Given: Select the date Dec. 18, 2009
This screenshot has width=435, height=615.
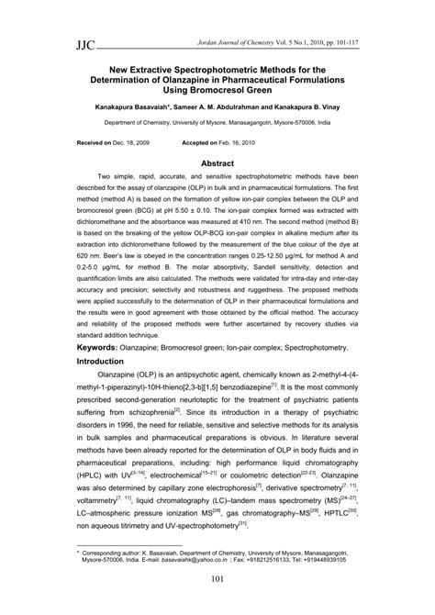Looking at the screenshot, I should pyautogui.click(x=117, y=143).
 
